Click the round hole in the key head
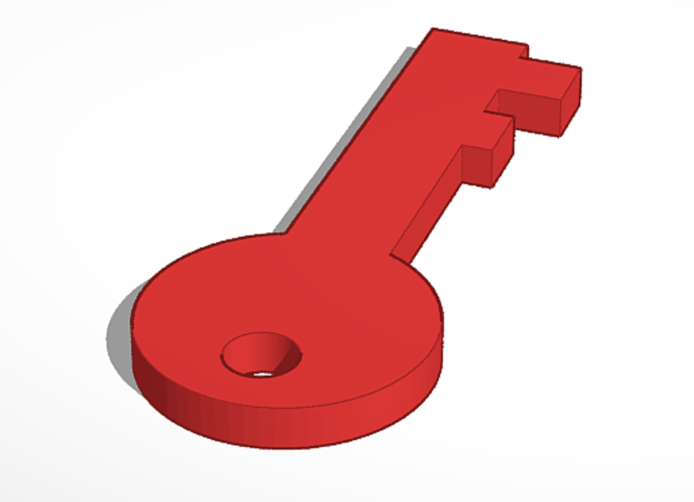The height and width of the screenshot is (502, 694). pos(261,354)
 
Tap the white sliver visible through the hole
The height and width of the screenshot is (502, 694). pos(263,373)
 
